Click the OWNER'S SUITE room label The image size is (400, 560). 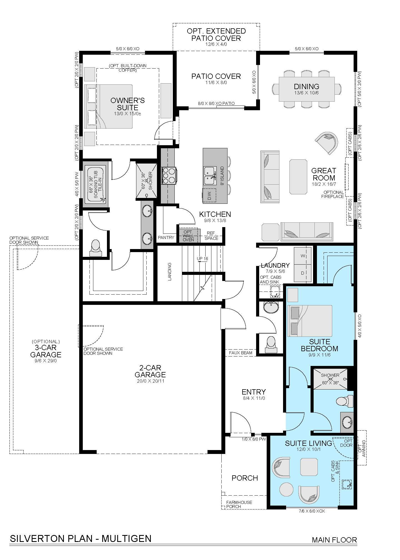127,104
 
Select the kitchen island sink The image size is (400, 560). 210,175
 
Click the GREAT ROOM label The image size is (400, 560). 324,174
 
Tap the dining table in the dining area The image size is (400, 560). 307,89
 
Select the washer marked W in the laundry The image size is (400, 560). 303,255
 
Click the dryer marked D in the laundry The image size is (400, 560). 303,273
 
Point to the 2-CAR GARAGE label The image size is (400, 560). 150,371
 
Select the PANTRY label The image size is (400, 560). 166,237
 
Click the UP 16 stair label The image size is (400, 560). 202,259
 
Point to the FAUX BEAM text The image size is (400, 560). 241,353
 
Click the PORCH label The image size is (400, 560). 245,478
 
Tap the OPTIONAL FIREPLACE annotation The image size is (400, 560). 332,194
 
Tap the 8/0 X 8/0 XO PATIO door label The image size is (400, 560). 216,104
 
